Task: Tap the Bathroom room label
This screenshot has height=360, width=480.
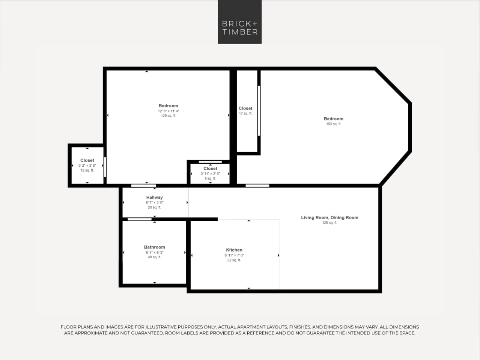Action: tap(154, 247)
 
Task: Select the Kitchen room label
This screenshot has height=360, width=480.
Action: tap(234, 250)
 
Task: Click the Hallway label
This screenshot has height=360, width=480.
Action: tap(154, 197)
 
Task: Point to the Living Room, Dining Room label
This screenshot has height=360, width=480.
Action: tap(330, 217)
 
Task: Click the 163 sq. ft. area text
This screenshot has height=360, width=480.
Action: tap(333, 124)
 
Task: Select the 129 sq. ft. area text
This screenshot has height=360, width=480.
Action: tap(168, 116)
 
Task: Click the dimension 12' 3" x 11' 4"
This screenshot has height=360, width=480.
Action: tap(168, 111)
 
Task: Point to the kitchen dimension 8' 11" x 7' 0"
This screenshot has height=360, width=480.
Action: tap(234, 255)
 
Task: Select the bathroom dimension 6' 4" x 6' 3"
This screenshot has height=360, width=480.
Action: tap(154, 252)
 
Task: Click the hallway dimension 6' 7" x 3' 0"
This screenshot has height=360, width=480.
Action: tap(154, 202)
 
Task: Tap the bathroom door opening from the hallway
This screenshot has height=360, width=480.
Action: tap(140, 219)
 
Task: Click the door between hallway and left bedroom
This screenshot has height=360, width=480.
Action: tap(143, 185)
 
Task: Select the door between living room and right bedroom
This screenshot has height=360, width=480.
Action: tap(257, 185)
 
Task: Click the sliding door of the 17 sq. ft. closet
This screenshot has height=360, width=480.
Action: tap(259, 111)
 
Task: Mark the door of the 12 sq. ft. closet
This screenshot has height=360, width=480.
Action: tap(105, 167)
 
